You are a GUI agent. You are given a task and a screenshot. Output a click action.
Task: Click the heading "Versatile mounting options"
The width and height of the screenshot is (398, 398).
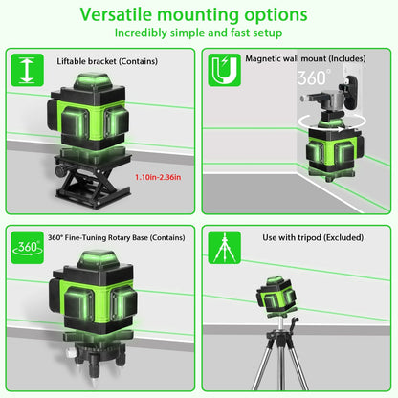click(199, 16)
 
